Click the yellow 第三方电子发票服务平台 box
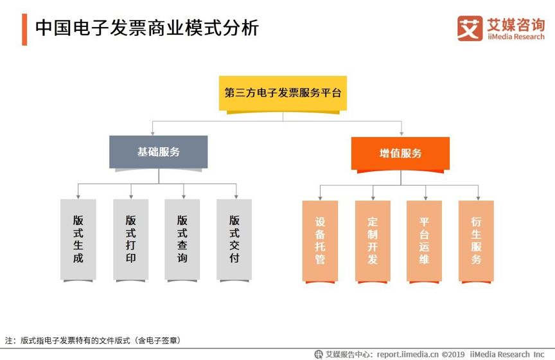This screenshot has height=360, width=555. pos(283,94)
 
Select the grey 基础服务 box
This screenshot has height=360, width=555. pos(158,152)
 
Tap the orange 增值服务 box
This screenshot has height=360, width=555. pos(400,154)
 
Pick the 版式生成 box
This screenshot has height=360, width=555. pos(78,240)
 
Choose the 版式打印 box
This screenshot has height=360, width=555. pos(130,240)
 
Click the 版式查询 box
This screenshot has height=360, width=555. pos(182,240)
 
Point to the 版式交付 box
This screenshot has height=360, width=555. pos(234,240)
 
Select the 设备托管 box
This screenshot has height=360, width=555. pos(320,241)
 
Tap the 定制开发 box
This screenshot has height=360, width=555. pos(373,241)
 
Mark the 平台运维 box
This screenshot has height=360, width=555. pos(424,241)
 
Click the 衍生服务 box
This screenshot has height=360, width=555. pos(476,241)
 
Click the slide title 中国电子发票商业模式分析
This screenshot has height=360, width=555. pos(147,28)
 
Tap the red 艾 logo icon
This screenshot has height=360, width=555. pos(470,28)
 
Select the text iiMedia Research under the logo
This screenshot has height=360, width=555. pos(516,37)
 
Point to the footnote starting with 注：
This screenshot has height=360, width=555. pos(92,341)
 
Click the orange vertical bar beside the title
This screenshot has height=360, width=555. pos(24,30)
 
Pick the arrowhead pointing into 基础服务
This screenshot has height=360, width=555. pos(152,133)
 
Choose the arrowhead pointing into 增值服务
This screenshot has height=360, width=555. pos(401,134)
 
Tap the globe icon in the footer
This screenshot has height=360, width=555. pos(319,354)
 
